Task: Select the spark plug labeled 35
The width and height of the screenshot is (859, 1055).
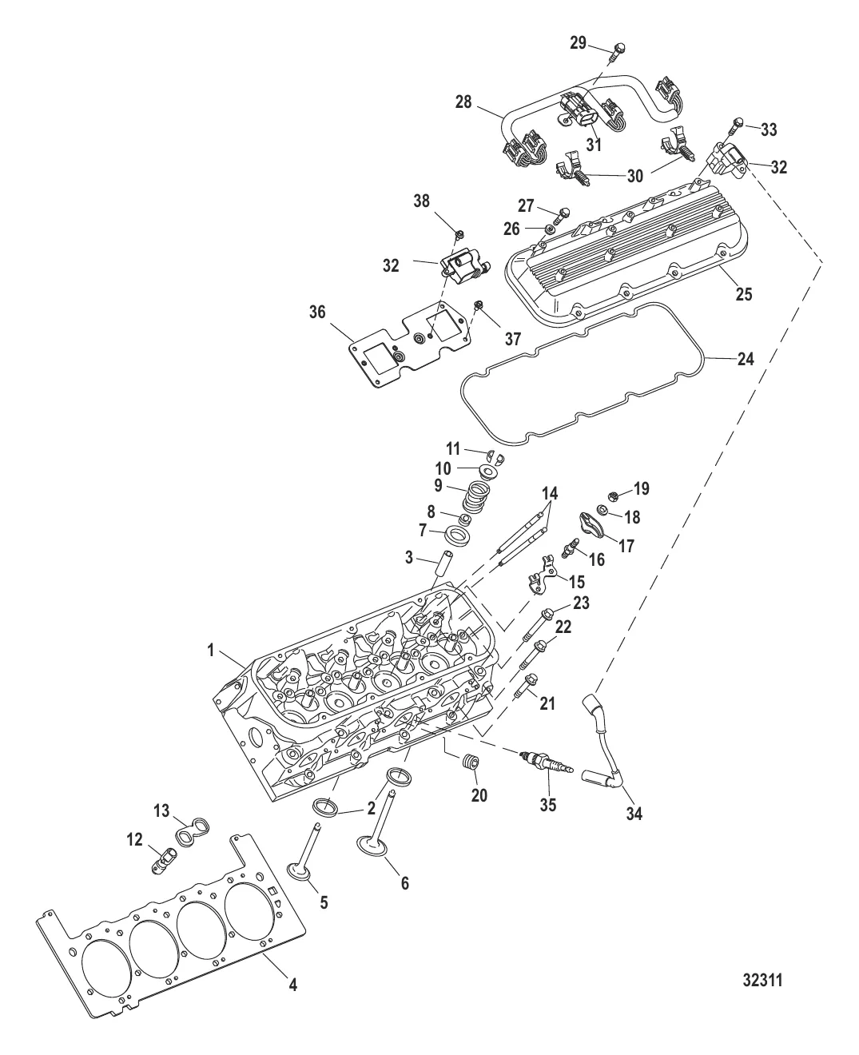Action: click(543, 762)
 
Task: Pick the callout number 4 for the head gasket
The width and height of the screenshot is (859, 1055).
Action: click(293, 985)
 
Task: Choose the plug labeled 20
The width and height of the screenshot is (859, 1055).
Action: click(470, 764)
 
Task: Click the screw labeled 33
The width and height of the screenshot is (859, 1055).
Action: click(736, 123)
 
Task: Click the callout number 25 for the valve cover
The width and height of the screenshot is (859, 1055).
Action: click(744, 294)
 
